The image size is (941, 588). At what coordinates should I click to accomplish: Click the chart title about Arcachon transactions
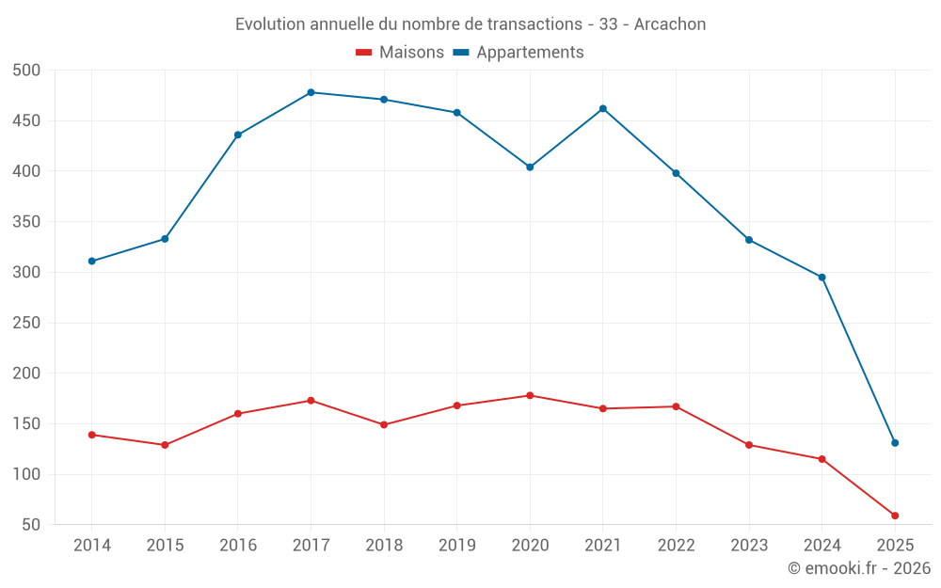point(470,24)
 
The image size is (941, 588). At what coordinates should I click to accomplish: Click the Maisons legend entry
point(400,53)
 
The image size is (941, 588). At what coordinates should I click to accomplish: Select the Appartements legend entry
point(518,53)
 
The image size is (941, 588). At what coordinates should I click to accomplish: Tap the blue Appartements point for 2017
point(311,92)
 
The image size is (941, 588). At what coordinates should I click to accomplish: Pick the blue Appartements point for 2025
point(895,443)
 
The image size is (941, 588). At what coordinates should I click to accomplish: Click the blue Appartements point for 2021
point(603,108)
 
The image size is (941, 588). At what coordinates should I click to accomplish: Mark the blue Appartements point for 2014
point(91,262)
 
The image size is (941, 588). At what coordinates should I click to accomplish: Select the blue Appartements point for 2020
point(530,167)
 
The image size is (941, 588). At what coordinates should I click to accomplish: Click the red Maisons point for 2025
point(895,516)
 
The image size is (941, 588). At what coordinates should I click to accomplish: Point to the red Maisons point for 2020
point(530,395)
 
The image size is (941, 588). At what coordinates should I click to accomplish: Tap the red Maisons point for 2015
point(165,445)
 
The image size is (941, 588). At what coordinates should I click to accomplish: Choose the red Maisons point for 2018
point(384,424)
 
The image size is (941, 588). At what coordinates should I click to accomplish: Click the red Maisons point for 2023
point(749,445)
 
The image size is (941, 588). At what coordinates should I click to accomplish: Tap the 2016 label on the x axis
point(238,546)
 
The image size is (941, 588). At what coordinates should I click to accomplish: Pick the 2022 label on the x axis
point(676,546)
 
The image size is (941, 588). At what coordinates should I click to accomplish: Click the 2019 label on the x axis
point(457,546)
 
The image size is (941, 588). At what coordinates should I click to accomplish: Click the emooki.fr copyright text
point(858,568)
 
